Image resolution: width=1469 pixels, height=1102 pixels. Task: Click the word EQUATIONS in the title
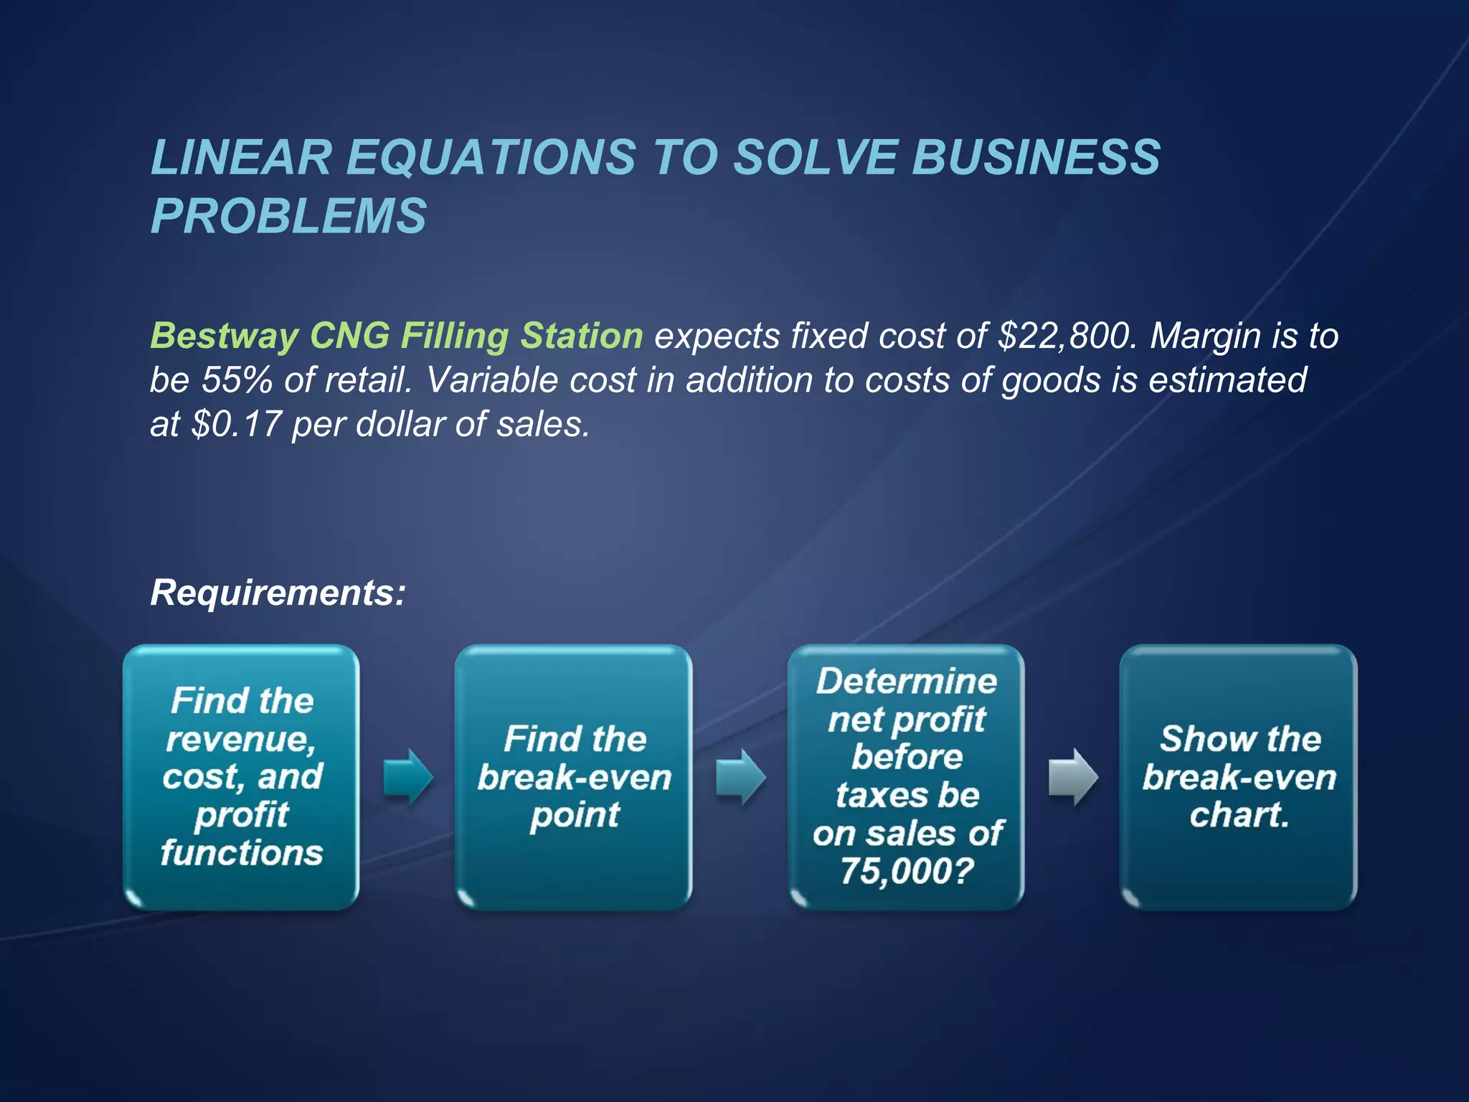click(491, 157)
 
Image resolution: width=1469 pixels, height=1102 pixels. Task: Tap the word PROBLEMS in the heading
click(288, 216)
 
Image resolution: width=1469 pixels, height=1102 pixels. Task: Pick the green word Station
click(582, 336)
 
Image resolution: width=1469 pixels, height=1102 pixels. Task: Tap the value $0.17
click(236, 424)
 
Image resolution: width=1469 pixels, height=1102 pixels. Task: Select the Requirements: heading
click(278, 593)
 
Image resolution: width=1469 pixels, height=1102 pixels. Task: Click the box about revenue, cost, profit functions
click(241, 777)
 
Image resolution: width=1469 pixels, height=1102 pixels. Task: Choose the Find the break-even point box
click(573, 777)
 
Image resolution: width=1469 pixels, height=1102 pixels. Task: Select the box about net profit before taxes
click(906, 777)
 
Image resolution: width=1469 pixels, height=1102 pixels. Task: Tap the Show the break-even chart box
click(1238, 777)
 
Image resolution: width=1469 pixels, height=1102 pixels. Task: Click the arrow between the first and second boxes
click(407, 777)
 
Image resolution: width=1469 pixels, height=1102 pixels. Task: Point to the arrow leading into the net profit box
click(740, 777)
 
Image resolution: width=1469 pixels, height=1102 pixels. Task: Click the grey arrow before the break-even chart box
click(1072, 777)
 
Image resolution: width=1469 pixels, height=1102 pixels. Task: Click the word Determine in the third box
click(906, 682)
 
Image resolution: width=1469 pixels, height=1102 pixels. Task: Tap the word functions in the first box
click(242, 853)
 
